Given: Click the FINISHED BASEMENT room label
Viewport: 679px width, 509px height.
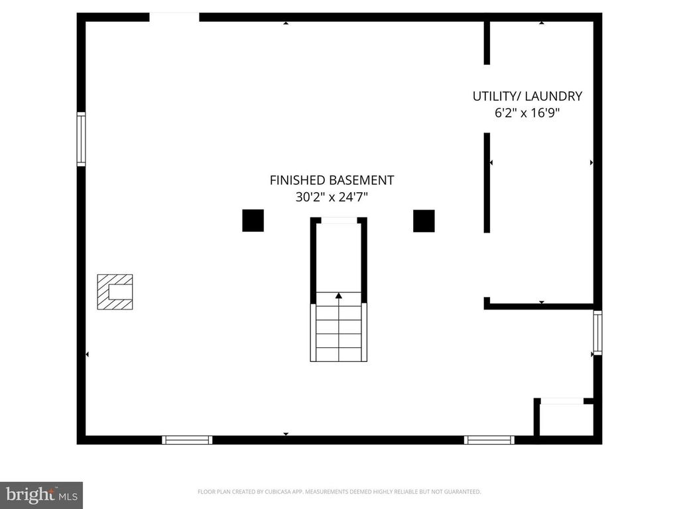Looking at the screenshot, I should click(332, 180).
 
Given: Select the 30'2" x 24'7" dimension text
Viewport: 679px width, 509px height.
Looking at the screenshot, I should click(332, 197).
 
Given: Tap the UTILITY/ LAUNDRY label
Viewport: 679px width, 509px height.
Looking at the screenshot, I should click(527, 96).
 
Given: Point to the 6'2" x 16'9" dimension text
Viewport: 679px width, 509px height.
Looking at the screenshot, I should click(527, 113).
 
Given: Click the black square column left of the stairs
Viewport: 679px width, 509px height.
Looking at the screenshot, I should click(253, 220).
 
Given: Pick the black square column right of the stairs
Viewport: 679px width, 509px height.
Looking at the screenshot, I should click(424, 221).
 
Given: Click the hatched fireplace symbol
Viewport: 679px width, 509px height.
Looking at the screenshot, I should click(115, 292).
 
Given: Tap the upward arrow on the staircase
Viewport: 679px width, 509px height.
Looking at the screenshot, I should click(339, 296).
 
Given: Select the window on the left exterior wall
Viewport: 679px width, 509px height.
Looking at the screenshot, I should click(81, 139).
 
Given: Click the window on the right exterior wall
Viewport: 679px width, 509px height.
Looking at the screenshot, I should click(597, 333).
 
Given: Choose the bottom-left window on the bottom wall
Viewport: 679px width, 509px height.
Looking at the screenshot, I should click(187, 439).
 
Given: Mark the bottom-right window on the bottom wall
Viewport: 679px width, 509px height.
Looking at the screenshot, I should click(489, 439).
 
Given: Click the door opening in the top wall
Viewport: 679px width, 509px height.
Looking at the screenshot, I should click(174, 17).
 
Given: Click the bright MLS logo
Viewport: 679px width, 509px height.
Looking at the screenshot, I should click(41, 494).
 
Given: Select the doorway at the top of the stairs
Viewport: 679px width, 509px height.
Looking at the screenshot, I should click(339, 220).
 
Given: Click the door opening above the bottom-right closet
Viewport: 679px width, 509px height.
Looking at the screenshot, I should click(562, 401).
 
